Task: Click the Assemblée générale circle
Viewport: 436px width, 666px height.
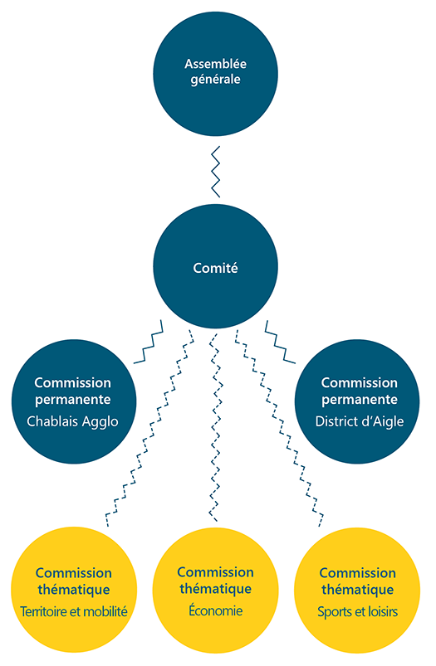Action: [x=215, y=74]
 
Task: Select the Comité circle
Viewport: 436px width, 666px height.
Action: [x=215, y=266]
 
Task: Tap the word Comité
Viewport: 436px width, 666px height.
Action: [x=215, y=268]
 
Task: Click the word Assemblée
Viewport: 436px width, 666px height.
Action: [x=215, y=64]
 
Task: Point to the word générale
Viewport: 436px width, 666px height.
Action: [x=215, y=80]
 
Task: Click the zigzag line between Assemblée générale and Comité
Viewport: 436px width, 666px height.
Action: [x=216, y=172]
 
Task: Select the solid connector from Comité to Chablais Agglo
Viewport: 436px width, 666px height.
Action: [x=149, y=343]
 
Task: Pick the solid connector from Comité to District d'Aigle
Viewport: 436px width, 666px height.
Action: [x=280, y=343]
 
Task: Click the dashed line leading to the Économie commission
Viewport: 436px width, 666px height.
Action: [x=216, y=427]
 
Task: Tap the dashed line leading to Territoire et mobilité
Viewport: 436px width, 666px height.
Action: [x=149, y=428]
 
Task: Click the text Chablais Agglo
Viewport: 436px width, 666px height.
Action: [x=73, y=422]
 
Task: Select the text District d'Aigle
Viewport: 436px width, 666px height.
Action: [x=360, y=421]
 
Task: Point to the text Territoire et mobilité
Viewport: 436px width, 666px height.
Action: [x=74, y=611]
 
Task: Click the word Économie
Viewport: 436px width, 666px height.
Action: [x=216, y=610]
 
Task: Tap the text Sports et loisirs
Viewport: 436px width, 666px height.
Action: [x=358, y=611]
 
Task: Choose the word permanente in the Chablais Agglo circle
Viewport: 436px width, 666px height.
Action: [x=73, y=400]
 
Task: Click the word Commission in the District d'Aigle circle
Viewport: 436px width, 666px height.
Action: [x=360, y=382]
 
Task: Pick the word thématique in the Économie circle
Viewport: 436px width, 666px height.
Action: [x=216, y=589]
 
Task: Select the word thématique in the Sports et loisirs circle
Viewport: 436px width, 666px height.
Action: [x=358, y=590]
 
